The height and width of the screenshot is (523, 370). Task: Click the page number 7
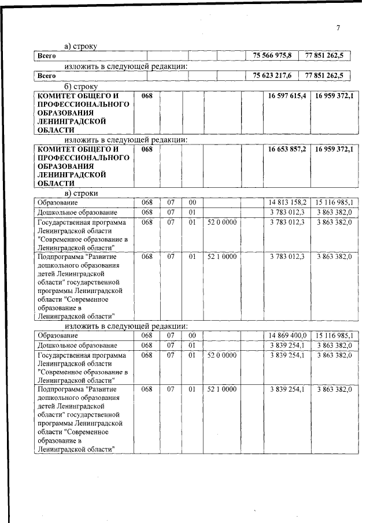(x=339, y=28)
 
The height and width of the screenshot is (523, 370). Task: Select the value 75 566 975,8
(x=273, y=55)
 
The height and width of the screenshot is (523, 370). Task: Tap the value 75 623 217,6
(x=273, y=76)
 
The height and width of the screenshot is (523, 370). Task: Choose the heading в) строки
(x=81, y=193)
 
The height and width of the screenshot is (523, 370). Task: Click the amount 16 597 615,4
(x=287, y=95)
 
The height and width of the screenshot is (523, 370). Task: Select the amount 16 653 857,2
(x=287, y=149)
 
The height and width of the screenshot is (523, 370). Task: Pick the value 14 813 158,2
(x=287, y=202)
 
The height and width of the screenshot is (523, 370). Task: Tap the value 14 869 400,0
(x=287, y=335)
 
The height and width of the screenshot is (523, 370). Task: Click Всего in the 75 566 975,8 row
(x=46, y=55)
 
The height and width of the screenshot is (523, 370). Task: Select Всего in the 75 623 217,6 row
(x=46, y=76)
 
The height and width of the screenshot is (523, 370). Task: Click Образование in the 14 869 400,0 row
(x=57, y=335)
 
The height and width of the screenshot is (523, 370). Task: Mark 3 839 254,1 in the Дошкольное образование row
(x=287, y=345)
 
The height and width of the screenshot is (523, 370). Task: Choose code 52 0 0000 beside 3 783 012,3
(x=222, y=222)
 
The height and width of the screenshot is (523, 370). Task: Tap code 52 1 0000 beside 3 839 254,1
(x=222, y=390)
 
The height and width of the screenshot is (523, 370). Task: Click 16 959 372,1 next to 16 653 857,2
(x=335, y=149)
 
